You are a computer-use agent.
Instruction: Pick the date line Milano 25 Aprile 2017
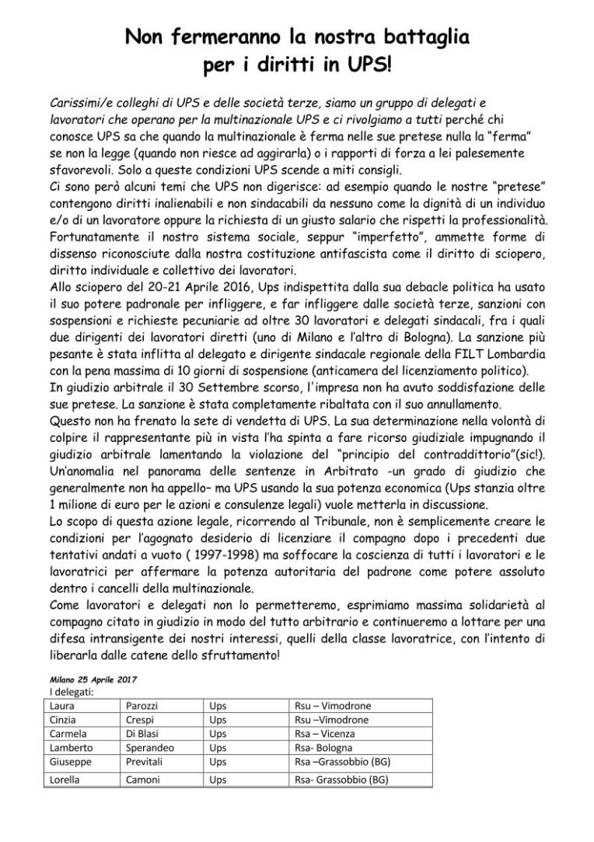tap(93, 679)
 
